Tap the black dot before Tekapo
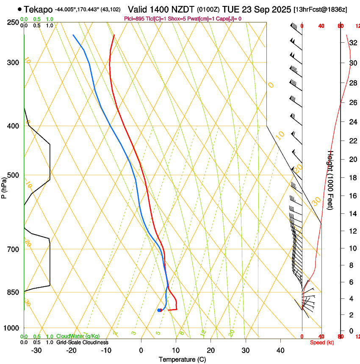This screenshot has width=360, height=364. click(x=20, y=9)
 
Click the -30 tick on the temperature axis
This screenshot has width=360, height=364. click(x=37, y=350)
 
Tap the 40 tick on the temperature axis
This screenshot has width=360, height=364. click(x=280, y=350)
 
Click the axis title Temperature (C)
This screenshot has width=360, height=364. click(x=182, y=359)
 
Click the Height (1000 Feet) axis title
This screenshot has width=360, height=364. click(x=331, y=180)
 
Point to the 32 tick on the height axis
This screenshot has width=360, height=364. click(x=352, y=43)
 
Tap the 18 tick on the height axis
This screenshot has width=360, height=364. click(x=352, y=178)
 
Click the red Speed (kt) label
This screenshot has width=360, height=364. click(x=322, y=342)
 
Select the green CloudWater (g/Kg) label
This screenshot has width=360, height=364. click(x=78, y=336)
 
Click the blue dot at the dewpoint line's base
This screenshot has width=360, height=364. click(x=159, y=310)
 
